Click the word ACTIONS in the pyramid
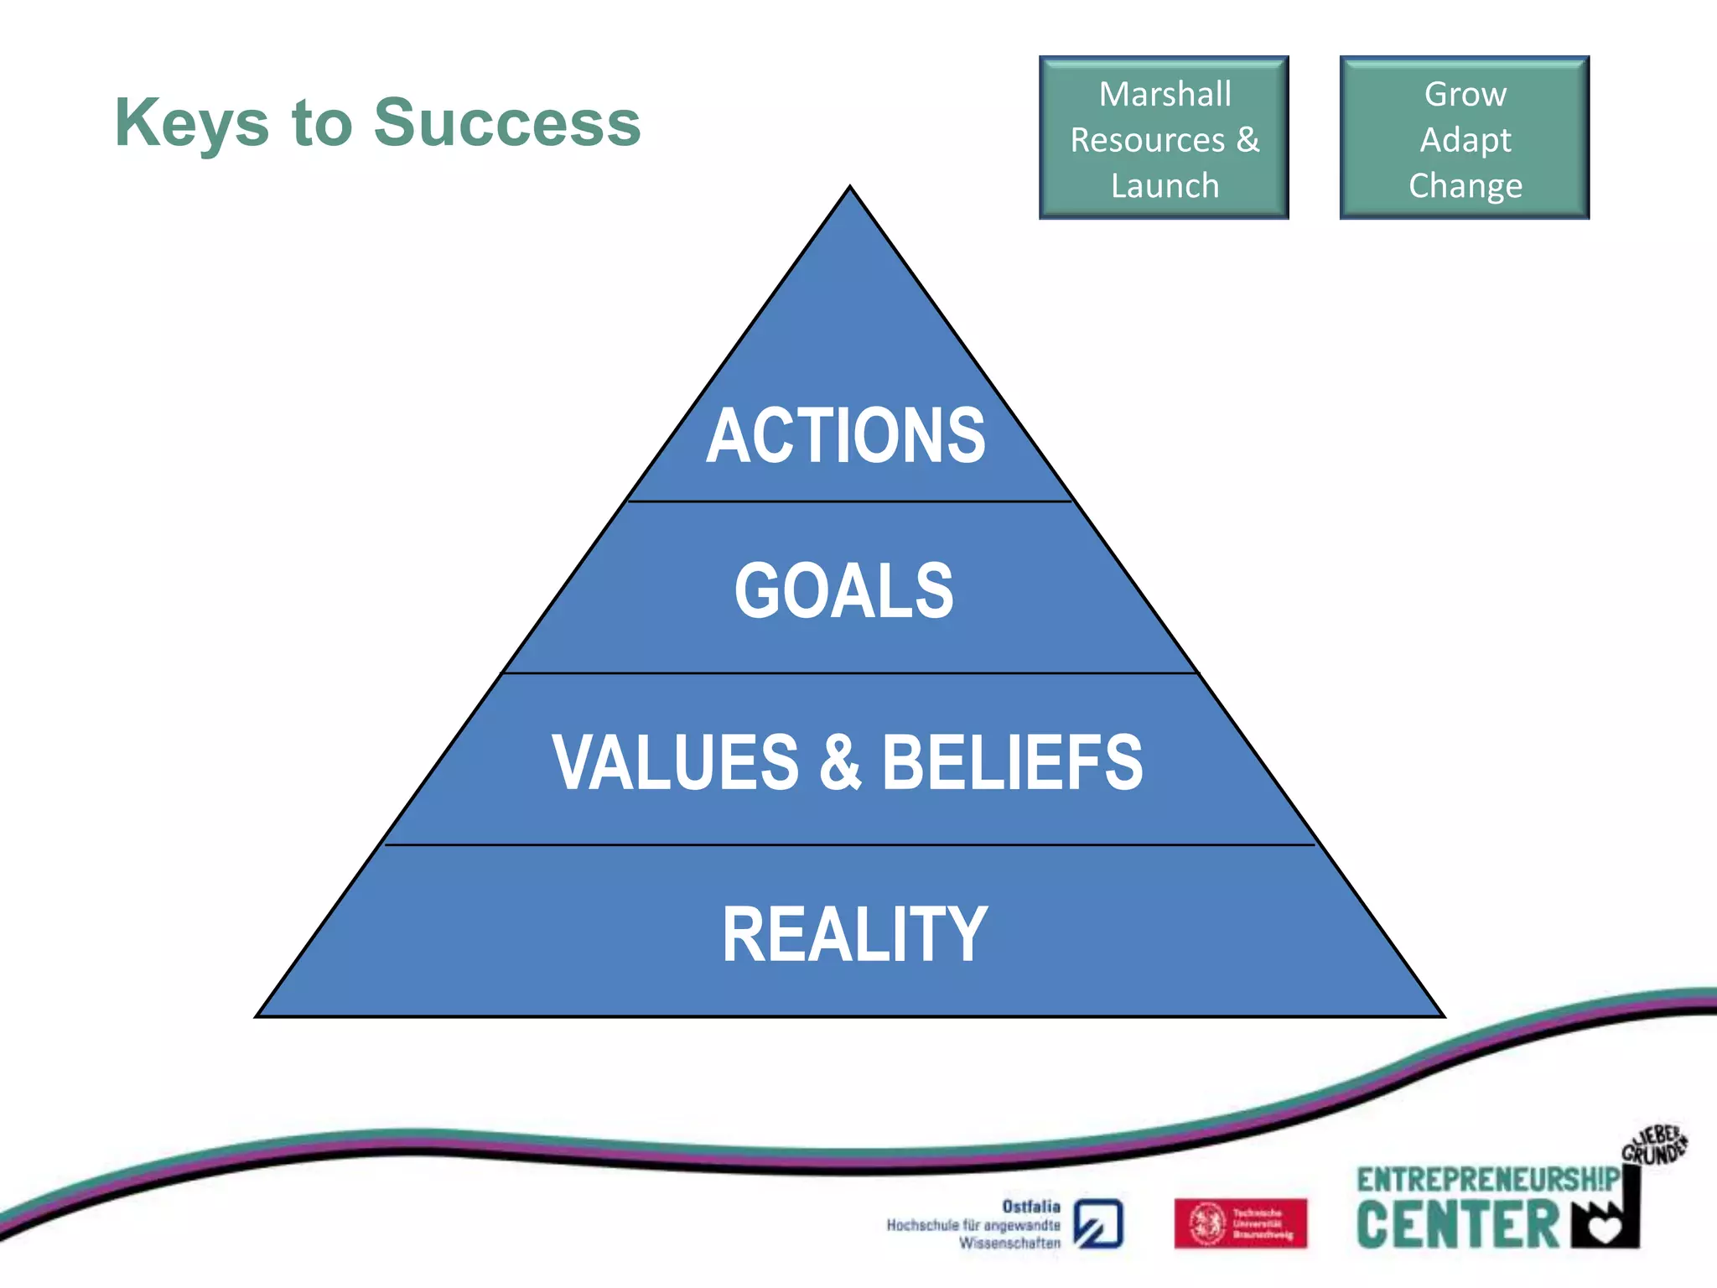click(x=845, y=435)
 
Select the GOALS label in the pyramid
click(x=844, y=591)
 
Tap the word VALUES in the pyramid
click(x=676, y=762)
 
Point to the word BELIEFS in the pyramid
click(x=1012, y=762)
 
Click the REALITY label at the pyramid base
click(x=854, y=934)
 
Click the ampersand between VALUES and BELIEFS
click(x=840, y=762)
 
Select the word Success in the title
click(x=507, y=122)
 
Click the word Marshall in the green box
click(x=1165, y=94)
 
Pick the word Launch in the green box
click(x=1165, y=185)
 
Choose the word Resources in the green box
click(x=1148, y=140)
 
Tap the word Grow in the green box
click(x=1465, y=94)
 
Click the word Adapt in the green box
click(x=1465, y=140)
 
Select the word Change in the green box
click(x=1465, y=185)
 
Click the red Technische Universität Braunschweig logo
click(x=1240, y=1223)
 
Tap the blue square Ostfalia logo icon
click(x=1098, y=1223)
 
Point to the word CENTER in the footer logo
click(x=1458, y=1226)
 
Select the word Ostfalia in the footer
click(x=1031, y=1206)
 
